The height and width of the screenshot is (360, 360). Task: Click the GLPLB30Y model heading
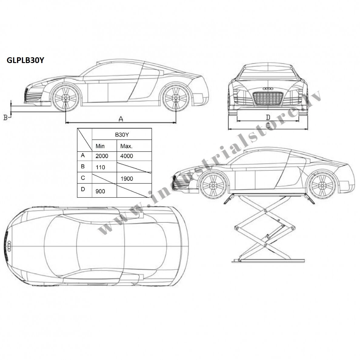25,60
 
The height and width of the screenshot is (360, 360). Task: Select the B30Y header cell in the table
122,135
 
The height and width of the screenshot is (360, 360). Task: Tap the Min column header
100,146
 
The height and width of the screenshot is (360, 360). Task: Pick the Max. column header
126,146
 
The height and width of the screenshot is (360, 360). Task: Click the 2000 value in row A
102,156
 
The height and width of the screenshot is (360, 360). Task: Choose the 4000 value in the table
126,156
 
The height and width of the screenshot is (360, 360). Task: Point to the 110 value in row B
100,167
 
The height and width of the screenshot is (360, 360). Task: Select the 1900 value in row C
127,178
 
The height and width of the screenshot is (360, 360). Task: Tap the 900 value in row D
100,191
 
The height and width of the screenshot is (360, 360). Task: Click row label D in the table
83,189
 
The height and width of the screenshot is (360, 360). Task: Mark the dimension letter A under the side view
121,119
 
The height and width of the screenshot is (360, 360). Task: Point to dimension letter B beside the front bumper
5,118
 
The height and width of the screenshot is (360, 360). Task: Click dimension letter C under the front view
268,125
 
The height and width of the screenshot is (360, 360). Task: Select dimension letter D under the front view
268,117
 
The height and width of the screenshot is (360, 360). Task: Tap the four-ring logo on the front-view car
268,88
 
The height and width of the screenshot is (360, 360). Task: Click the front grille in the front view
268,98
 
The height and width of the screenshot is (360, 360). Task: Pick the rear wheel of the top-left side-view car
176,98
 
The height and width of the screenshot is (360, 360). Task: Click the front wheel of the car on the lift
213,185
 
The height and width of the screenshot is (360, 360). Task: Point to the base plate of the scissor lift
268,261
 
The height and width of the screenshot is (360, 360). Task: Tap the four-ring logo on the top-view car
9,246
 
